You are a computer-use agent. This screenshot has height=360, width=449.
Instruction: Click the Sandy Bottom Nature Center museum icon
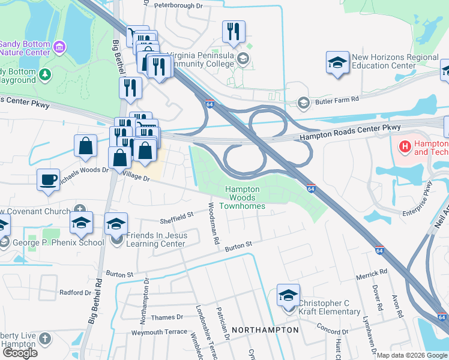59,46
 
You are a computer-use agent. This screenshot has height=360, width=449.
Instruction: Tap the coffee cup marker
48,179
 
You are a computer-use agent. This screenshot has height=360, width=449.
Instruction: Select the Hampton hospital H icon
405,146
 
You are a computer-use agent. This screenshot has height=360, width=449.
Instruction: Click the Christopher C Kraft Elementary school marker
288,296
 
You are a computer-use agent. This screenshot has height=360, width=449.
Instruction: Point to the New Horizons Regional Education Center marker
338,62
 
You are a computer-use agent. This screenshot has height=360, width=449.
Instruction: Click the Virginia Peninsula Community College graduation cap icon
243,58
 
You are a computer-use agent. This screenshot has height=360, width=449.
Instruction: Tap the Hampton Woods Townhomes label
245,197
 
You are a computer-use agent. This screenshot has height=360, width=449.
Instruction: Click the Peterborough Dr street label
179,5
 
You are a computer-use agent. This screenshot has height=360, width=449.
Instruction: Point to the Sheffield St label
176,214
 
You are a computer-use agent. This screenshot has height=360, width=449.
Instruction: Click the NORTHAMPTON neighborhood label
265,330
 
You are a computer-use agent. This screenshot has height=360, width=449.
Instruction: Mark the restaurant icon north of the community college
233,32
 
